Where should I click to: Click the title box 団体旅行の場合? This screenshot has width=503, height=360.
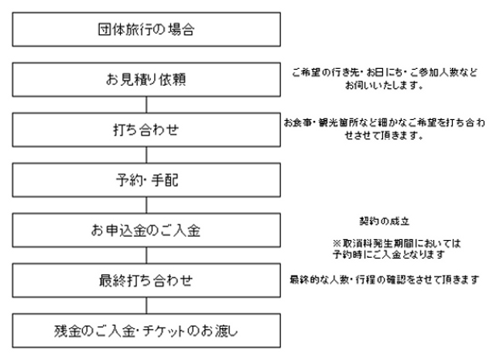click(x=146, y=29)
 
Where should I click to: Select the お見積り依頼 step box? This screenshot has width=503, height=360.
click(x=146, y=80)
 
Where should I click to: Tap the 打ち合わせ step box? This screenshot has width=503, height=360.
click(x=146, y=130)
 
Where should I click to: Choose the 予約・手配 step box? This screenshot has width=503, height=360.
click(x=146, y=180)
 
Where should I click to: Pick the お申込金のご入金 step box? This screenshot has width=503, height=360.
click(x=146, y=231)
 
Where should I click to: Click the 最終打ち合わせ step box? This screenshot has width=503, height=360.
click(x=146, y=280)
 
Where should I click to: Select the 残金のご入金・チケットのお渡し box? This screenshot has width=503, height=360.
click(x=146, y=331)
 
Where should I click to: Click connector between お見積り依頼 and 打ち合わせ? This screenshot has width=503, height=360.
click(x=146, y=105)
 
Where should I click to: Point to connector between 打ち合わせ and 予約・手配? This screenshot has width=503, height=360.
click(x=146, y=155)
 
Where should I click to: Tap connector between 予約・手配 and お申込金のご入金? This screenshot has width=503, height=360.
click(x=146, y=205)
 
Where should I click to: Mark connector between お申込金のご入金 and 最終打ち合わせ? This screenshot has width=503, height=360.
click(x=146, y=255)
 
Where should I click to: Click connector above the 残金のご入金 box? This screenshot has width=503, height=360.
click(x=146, y=306)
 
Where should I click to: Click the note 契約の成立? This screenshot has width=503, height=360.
click(x=385, y=221)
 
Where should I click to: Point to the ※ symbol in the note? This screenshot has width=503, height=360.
click(x=337, y=244)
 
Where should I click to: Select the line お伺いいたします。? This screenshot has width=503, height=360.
click(x=384, y=85)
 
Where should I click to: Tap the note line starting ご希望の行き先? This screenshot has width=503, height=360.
click(x=385, y=73)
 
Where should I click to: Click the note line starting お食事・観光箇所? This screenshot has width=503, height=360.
click(x=385, y=122)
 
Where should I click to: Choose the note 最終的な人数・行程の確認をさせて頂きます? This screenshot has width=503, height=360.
click(x=385, y=279)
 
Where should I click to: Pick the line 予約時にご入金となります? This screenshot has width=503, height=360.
click(x=388, y=255)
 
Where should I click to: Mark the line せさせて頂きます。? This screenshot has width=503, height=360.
click(x=384, y=135)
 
